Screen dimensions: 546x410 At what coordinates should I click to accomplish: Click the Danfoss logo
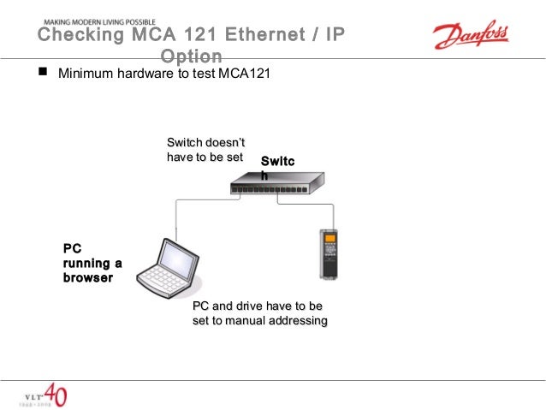tap(470, 36)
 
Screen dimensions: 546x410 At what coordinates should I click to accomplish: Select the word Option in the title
tap(191, 56)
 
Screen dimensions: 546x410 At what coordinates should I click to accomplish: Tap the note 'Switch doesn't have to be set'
tap(205, 150)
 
